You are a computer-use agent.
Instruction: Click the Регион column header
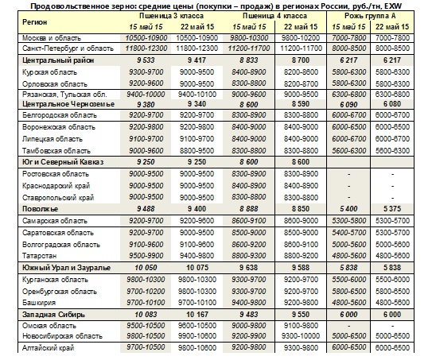[x=35, y=22]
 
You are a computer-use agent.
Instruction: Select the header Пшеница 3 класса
[x=171, y=16]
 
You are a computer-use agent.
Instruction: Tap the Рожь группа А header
[x=370, y=16]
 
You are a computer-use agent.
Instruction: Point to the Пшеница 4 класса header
[x=274, y=16]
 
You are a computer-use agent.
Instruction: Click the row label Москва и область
[x=52, y=38]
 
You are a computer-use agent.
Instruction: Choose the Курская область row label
[x=49, y=72]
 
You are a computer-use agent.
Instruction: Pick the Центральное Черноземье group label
[x=68, y=104]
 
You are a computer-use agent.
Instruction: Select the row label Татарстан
[x=40, y=256]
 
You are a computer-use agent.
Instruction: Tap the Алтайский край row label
[x=49, y=348]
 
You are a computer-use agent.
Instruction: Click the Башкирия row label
[x=39, y=303]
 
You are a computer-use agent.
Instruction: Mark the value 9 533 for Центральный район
[x=146, y=60]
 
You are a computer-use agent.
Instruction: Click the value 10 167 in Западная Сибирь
[x=197, y=315]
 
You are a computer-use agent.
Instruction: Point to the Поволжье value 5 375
[x=392, y=209]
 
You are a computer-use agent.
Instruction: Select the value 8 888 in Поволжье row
[x=249, y=209]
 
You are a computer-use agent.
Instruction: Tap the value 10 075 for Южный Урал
[x=197, y=268]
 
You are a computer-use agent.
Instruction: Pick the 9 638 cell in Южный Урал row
[x=249, y=268]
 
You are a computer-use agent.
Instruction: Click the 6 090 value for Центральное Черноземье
[x=348, y=105]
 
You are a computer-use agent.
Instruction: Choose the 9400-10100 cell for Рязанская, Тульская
[x=197, y=95]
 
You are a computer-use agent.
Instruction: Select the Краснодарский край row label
[x=56, y=186]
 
